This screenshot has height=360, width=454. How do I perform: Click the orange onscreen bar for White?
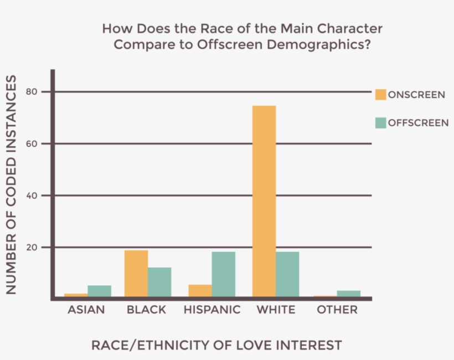click(x=264, y=201)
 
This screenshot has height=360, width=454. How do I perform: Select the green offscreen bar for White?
click(x=287, y=275)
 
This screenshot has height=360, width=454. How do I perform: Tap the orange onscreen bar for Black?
click(x=136, y=274)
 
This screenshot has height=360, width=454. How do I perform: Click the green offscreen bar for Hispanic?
click(x=223, y=275)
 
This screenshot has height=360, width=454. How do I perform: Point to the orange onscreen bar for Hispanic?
click(x=200, y=291)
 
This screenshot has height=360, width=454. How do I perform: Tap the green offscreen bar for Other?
click(x=348, y=294)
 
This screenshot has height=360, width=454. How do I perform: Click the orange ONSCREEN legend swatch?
click(x=380, y=94)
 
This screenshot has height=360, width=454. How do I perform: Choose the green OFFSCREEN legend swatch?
click(x=380, y=122)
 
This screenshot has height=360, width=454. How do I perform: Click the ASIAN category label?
click(x=86, y=310)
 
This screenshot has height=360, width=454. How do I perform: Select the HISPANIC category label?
click(x=211, y=310)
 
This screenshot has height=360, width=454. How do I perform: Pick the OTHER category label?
click(x=337, y=310)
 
